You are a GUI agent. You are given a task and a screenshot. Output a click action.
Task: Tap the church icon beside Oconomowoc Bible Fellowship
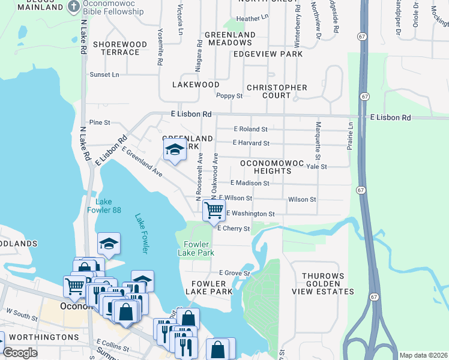pos(73,7)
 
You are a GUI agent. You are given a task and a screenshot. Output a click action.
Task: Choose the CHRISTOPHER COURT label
pos(277,91)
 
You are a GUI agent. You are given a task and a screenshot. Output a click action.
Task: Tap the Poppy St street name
pos(229,95)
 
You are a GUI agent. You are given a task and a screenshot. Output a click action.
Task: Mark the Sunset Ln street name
pos(104,74)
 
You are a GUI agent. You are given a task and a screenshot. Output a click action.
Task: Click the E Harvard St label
pos(252,143)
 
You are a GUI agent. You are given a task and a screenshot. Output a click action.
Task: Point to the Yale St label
pos(316,167)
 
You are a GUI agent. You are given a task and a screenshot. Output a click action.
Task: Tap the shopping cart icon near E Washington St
pos(214,211)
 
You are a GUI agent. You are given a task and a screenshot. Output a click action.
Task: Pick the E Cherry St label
pos(233,229)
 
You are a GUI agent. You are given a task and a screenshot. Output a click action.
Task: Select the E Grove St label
pos(234,272)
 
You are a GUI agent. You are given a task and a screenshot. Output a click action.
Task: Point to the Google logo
pos(20,353)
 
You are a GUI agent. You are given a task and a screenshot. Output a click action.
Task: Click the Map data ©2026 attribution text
pos(423,355)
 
